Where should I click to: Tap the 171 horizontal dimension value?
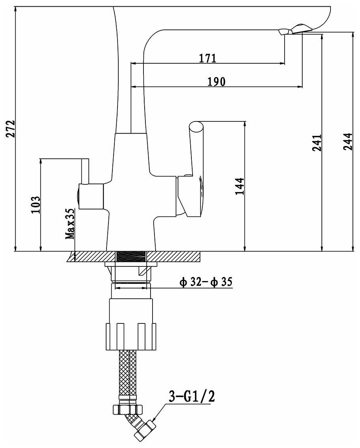(207, 58)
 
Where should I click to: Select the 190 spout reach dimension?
(216, 81)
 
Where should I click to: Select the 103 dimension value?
(36, 204)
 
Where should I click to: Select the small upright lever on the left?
(85, 171)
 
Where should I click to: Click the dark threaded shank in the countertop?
(131, 257)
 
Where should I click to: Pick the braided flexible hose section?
(128, 373)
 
